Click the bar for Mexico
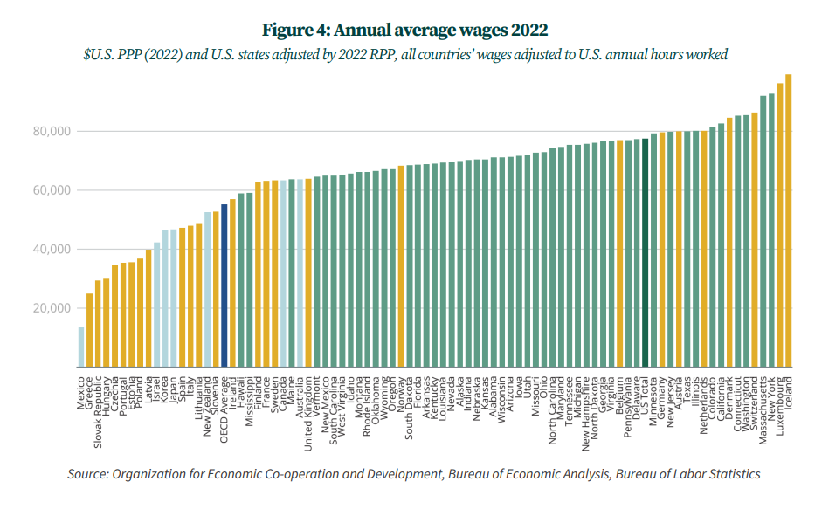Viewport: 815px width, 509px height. coord(81,347)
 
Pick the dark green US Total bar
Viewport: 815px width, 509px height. coord(645,252)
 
